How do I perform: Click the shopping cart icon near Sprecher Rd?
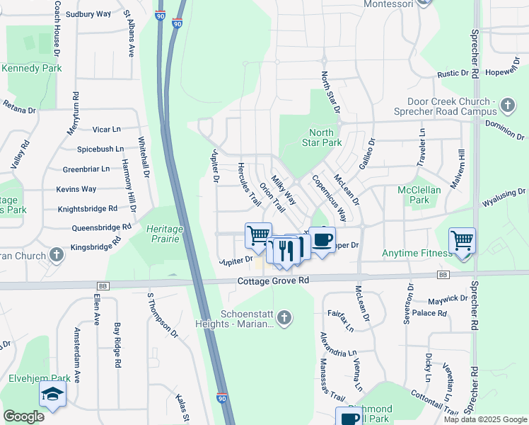pyautogui.click(x=462, y=241)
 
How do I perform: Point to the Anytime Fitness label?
pyautogui.click(x=417, y=253)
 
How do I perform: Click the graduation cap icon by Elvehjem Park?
pyautogui.click(x=52, y=395)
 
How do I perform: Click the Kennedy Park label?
pyautogui.click(x=31, y=69)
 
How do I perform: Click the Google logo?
pyautogui.click(x=24, y=416)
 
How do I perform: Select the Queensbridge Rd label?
pyautogui.click(x=102, y=228)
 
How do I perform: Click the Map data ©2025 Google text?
pyautogui.click(x=484, y=419)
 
